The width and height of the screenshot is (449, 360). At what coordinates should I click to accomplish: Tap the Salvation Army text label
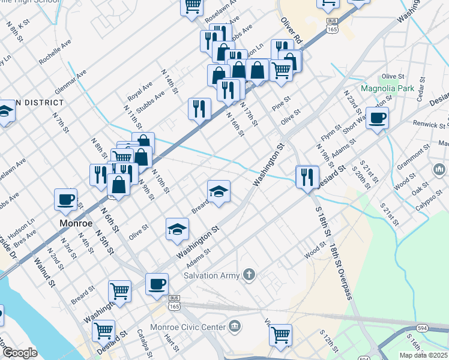click(212, 275)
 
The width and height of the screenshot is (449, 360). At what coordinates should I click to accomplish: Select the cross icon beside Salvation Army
click(249, 275)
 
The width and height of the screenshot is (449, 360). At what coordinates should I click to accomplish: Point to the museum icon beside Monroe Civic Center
click(235, 327)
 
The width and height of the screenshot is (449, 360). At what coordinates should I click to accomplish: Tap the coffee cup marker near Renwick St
click(377, 118)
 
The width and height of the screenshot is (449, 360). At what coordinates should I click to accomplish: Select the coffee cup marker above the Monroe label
click(65, 199)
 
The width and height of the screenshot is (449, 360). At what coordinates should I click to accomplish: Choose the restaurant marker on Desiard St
click(307, 176)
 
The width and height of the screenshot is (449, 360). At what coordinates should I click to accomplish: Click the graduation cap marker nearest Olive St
click(177, 229)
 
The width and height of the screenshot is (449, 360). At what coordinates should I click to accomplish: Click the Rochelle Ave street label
click(55, 52)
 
